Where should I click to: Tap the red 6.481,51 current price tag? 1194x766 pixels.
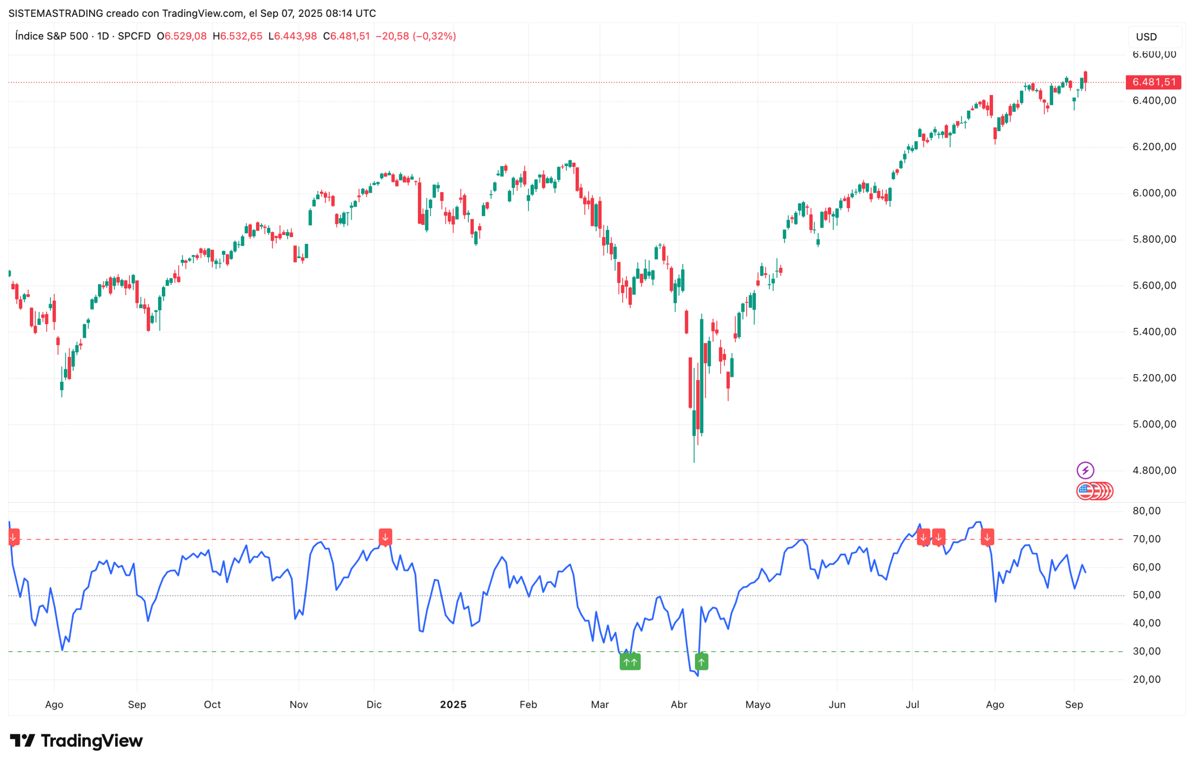1153,82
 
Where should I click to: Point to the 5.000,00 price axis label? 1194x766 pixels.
1154,424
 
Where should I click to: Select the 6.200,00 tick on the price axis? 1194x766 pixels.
1154,147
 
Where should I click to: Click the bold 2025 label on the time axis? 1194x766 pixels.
453,704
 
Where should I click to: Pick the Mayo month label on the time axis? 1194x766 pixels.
757,704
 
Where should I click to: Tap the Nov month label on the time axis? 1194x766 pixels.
298,704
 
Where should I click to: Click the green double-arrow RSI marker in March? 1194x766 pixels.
630,662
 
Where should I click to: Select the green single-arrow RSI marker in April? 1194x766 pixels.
701,662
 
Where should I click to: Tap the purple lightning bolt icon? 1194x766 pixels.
1084,470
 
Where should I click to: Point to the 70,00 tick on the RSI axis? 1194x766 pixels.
1146,539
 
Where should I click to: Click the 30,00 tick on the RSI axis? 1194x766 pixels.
1146,651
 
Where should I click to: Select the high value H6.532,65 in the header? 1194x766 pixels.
237,36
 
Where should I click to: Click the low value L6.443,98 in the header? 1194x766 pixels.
292,36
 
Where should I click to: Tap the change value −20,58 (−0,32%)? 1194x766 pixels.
415,36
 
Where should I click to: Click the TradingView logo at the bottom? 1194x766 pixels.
76,741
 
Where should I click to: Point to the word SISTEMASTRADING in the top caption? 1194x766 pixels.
56,14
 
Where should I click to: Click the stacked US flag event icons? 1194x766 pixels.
1094,491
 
